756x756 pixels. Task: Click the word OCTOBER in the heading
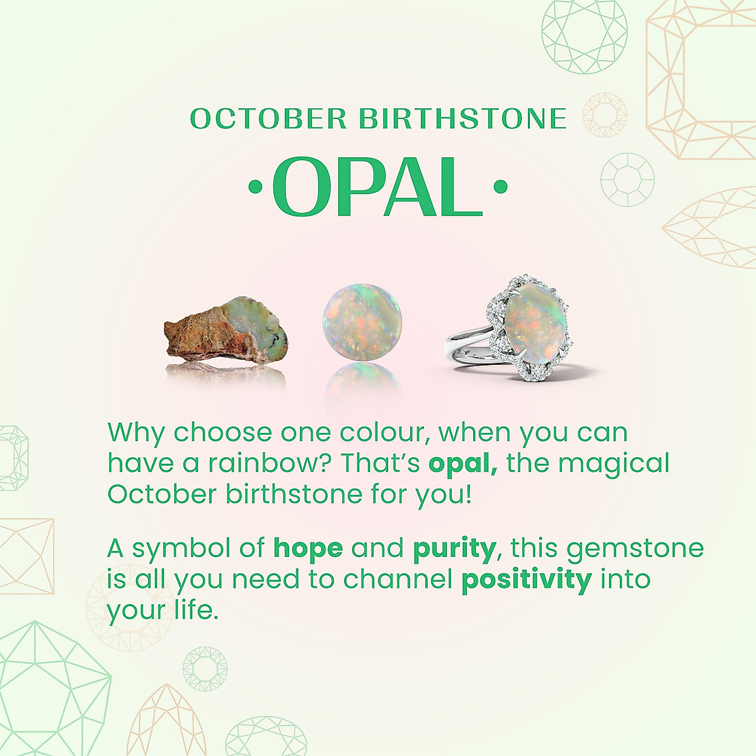click(x=268, y=118)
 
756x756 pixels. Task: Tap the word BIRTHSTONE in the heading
click(x=463, y=118)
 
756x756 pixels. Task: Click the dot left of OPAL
click(x=255, y=186)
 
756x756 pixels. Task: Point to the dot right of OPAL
click(x=500, y=186)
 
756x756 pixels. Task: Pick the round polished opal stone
click(x=362, y=324)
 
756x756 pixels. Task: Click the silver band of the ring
click(x=469, y=345)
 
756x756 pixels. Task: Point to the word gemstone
click(x=635, y=549)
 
